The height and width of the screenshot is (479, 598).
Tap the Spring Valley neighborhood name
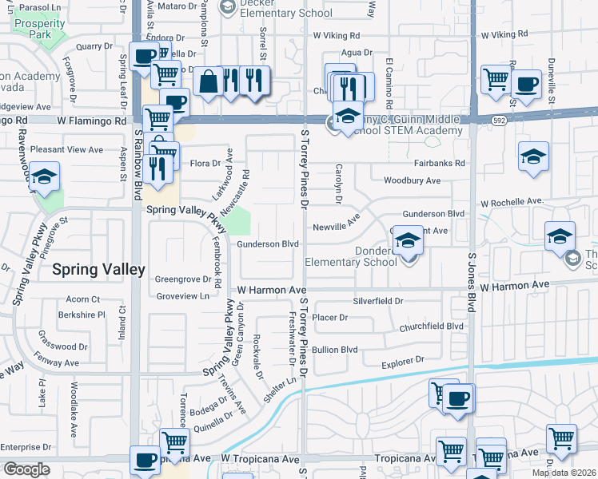click(98, 270)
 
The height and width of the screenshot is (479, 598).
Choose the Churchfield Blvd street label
click(433, 326)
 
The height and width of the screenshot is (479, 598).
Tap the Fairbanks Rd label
click(439, 163)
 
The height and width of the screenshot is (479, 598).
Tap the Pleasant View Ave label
click(66, 149)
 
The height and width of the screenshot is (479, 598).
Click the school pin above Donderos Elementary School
click(407, 242)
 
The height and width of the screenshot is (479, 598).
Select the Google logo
click(26, 469)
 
